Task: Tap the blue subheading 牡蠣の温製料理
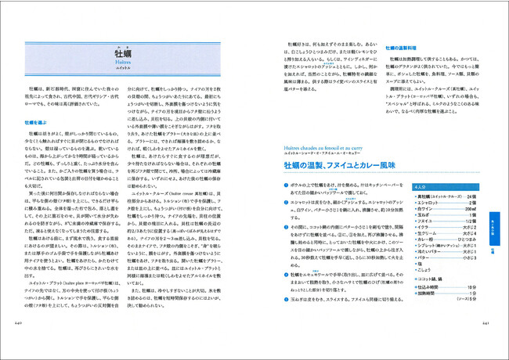coord(405,48)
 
